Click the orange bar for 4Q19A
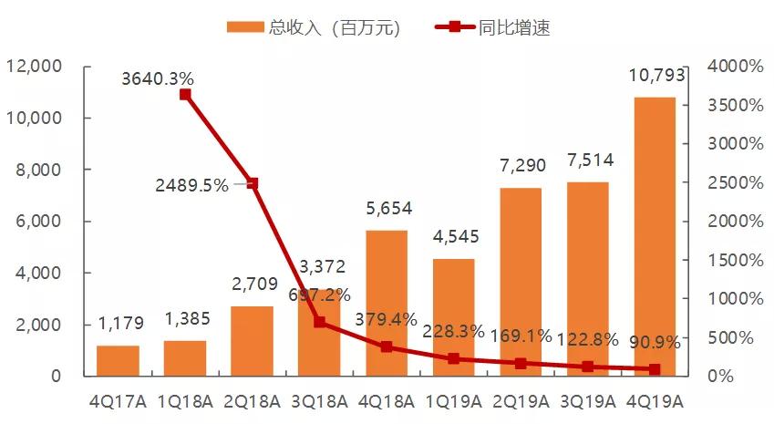click(654, 236)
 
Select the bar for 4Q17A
click(118, 360)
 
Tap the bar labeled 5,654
click(387, 301)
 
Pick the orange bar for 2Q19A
click(520, 282)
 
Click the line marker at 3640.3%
click(185, 94)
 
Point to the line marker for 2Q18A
click(253, 183)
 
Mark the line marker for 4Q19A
click(654, 369)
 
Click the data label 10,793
click(654, 78)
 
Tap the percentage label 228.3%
click(453, 331)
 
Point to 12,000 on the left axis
click(34, 67)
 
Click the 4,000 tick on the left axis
click(39, 273)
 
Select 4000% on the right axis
click(734, 67)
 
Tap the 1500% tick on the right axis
click(734, 260)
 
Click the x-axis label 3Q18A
click(319, 400)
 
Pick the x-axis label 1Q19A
click(453, 400)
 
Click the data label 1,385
click(185, 320)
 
